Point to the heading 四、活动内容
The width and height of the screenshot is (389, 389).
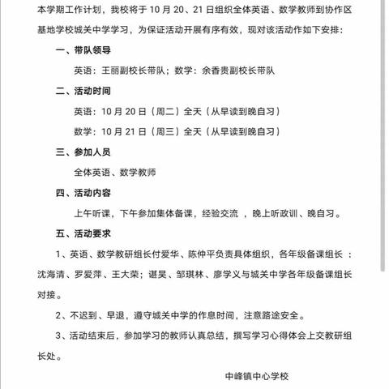(x=83, y=194)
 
